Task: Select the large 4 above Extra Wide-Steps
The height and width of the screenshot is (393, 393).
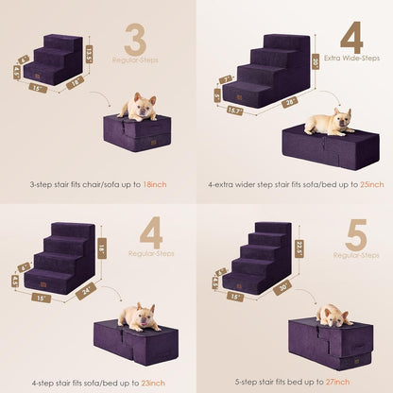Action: pos(351,39)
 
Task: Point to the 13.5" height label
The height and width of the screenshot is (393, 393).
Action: pos(89,54)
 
